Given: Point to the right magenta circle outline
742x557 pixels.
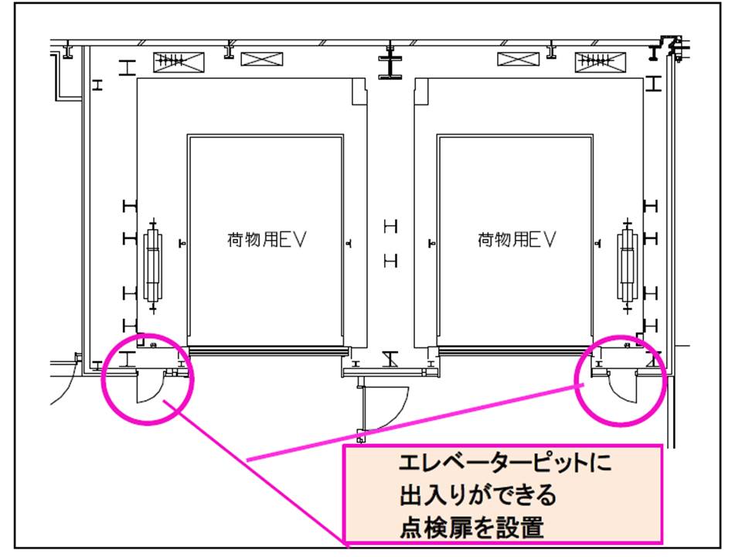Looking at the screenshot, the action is pos(580,379).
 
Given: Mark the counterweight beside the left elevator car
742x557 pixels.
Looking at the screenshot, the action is pos(154,266).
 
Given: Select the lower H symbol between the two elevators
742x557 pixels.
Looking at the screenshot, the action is pos(391,261).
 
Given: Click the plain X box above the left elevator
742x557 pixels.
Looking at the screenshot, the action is pos(261,59).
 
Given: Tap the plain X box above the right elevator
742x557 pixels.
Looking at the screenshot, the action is pos(519,59).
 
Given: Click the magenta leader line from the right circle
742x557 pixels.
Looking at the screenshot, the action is pos(417,421).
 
